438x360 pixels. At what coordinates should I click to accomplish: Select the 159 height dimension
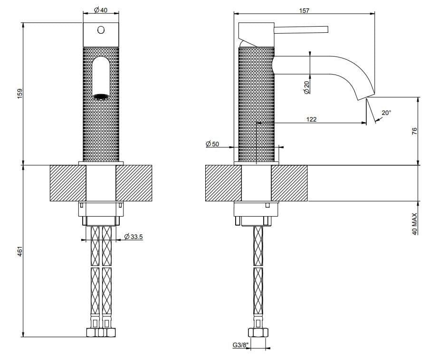coord(19,94)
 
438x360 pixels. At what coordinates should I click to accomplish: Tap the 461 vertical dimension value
coord(19,251)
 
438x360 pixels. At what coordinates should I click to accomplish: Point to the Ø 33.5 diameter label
coord(134,237)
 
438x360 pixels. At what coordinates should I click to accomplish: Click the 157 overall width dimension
coord(305,10)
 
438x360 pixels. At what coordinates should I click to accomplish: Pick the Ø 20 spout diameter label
coord(306,87)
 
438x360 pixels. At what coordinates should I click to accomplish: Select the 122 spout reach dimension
coord(311,119)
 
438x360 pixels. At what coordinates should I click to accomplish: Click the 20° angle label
coord(386,113)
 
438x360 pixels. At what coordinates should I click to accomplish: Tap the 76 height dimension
coord(414,131)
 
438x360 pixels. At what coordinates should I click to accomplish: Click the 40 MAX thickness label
coord(414,224)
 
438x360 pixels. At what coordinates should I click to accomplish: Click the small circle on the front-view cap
coord(100,30)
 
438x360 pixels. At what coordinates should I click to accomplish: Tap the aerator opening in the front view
coord(100,96)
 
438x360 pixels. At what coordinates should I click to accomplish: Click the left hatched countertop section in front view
coord(67,183)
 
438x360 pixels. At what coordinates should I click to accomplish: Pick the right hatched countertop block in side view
coord(289,183)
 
